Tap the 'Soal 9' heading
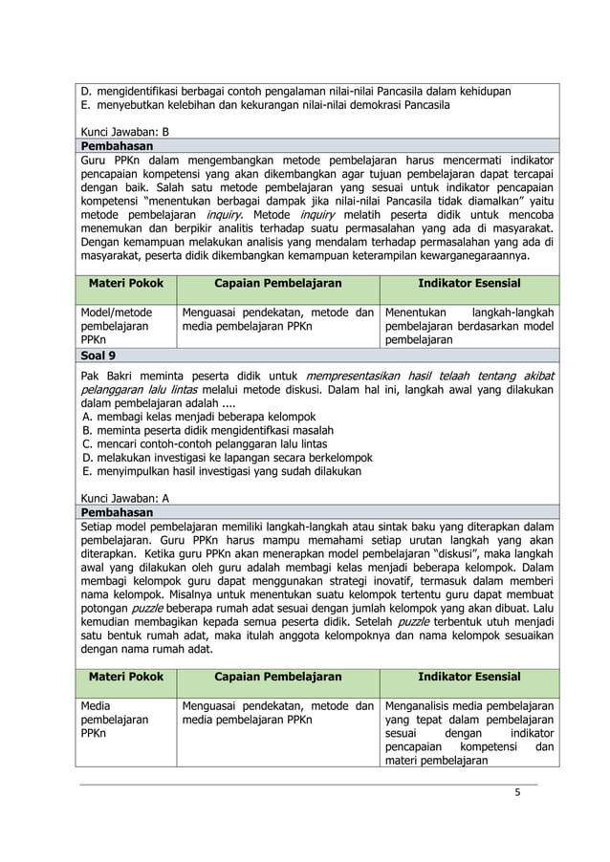pyautogui.click(x=101, y=355)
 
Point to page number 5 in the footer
pyautogui.click(x=517, y=792)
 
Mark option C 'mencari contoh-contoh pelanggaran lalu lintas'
pyautogui.click(x=205, y=443)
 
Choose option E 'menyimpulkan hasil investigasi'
pyautogui.click(x=222, y=471)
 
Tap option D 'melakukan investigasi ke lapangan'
pyautogui.click(x=227, y=458)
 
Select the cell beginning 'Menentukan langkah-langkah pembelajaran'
pyautogui.click(x=468, y=326)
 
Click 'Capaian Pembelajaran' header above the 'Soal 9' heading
pyautogui.click(x=277, y=284)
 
